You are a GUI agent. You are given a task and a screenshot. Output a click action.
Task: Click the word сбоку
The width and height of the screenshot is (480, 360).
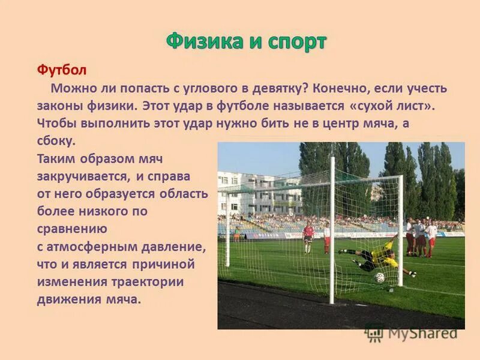(x=56, y=142)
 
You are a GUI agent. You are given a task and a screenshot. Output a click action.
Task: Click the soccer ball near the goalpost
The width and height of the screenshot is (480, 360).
(x=380, y=278)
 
